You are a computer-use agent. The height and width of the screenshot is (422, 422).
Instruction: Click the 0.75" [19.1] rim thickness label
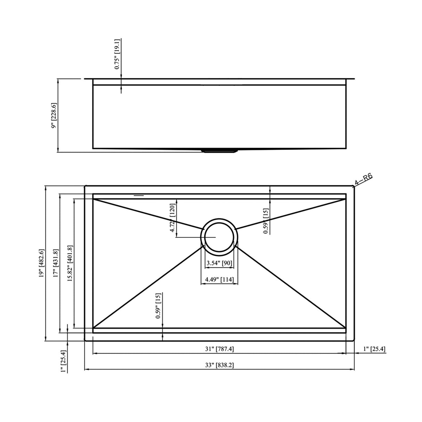tap(117, 54)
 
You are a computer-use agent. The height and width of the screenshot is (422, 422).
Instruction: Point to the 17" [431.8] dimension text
tap(55, 263)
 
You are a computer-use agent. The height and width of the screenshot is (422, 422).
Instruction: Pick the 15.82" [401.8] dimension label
tap(70, 263)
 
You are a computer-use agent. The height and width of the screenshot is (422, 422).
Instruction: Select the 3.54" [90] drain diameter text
tap(219, 263)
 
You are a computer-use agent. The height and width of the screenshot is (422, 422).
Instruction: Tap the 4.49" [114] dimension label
tap(219, 279)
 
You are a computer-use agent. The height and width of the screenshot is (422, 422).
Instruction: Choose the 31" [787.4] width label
tap(219, 349)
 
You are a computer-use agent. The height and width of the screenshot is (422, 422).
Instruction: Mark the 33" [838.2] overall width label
tap(219, 365)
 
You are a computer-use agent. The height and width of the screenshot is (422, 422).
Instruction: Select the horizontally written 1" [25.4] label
tap(374, 349)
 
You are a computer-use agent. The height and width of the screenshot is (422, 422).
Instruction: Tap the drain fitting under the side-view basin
tap(219, 151)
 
